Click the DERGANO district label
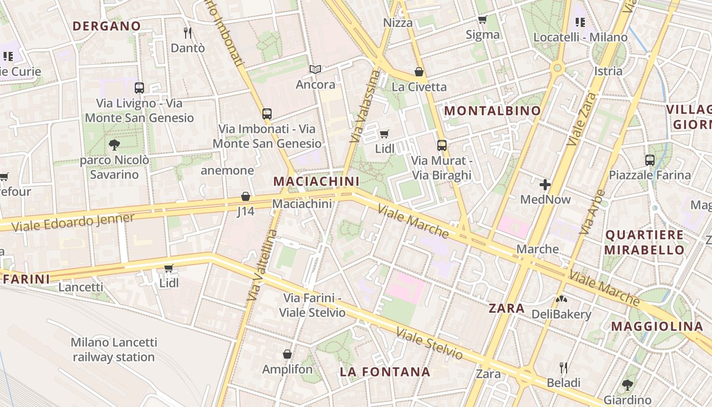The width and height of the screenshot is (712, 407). tap(106, 26)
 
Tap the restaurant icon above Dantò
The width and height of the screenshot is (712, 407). tap(188, 33)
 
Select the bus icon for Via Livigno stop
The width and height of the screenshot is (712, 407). tap(139, 88)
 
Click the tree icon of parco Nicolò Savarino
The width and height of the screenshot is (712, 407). tap(114, 145)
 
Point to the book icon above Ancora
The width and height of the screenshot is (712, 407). tap(315, 69)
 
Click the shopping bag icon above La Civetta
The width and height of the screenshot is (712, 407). tap(419, 72)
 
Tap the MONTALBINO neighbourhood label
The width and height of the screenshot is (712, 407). tap(492, 110)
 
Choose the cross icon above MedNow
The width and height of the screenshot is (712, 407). tap(545, 184)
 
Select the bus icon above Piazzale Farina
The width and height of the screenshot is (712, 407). tap(649, 160)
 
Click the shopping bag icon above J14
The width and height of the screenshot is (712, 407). tap(246, 196)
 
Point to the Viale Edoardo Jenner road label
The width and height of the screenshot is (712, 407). tap(73, 222)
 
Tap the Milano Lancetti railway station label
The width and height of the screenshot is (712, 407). tap(113, 350)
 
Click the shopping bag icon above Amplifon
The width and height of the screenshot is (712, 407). tap(287, 354)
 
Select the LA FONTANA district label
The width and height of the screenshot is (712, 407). tap(385, 372)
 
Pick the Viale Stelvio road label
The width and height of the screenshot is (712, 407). tap(429, 344)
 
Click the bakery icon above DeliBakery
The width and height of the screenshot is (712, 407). tap(561, 299)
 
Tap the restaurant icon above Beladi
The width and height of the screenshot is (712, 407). tap(563, 367)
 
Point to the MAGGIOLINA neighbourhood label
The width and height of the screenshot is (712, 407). tap(657, 327)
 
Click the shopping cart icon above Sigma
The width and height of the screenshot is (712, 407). tap(482, 20)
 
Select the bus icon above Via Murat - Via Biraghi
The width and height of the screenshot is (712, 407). tap(441, 146)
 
